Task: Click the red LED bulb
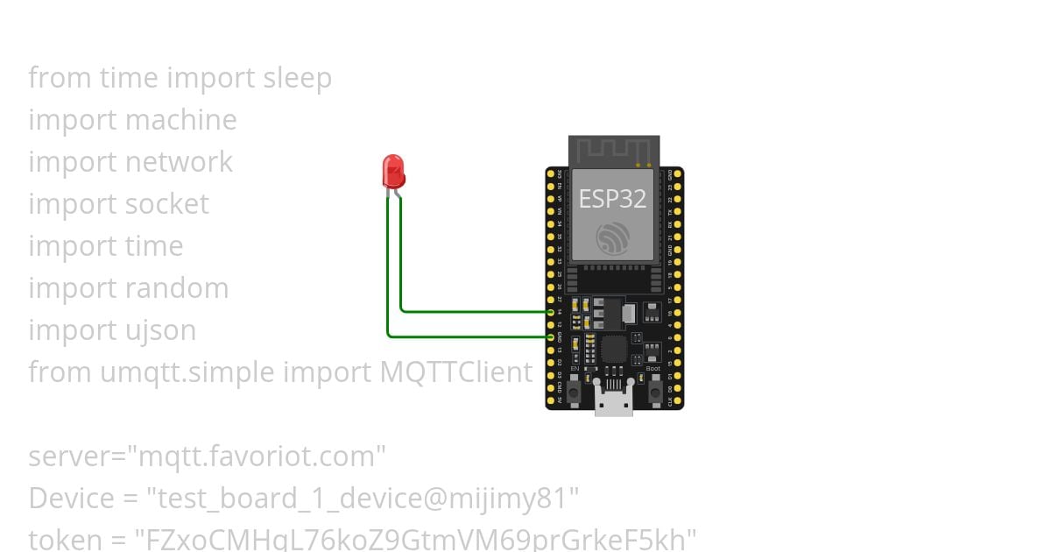click(393, 170)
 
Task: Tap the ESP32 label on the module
click(612, 199)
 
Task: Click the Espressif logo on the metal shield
click(612, 237)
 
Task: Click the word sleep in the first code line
click(297, 78)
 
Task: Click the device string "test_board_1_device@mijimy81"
click(362, 499)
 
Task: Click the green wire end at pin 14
click(550, 311)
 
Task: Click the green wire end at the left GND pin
click(550, 336)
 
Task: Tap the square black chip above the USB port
click(612, 350)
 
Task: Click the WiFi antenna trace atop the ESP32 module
click(613, 150)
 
